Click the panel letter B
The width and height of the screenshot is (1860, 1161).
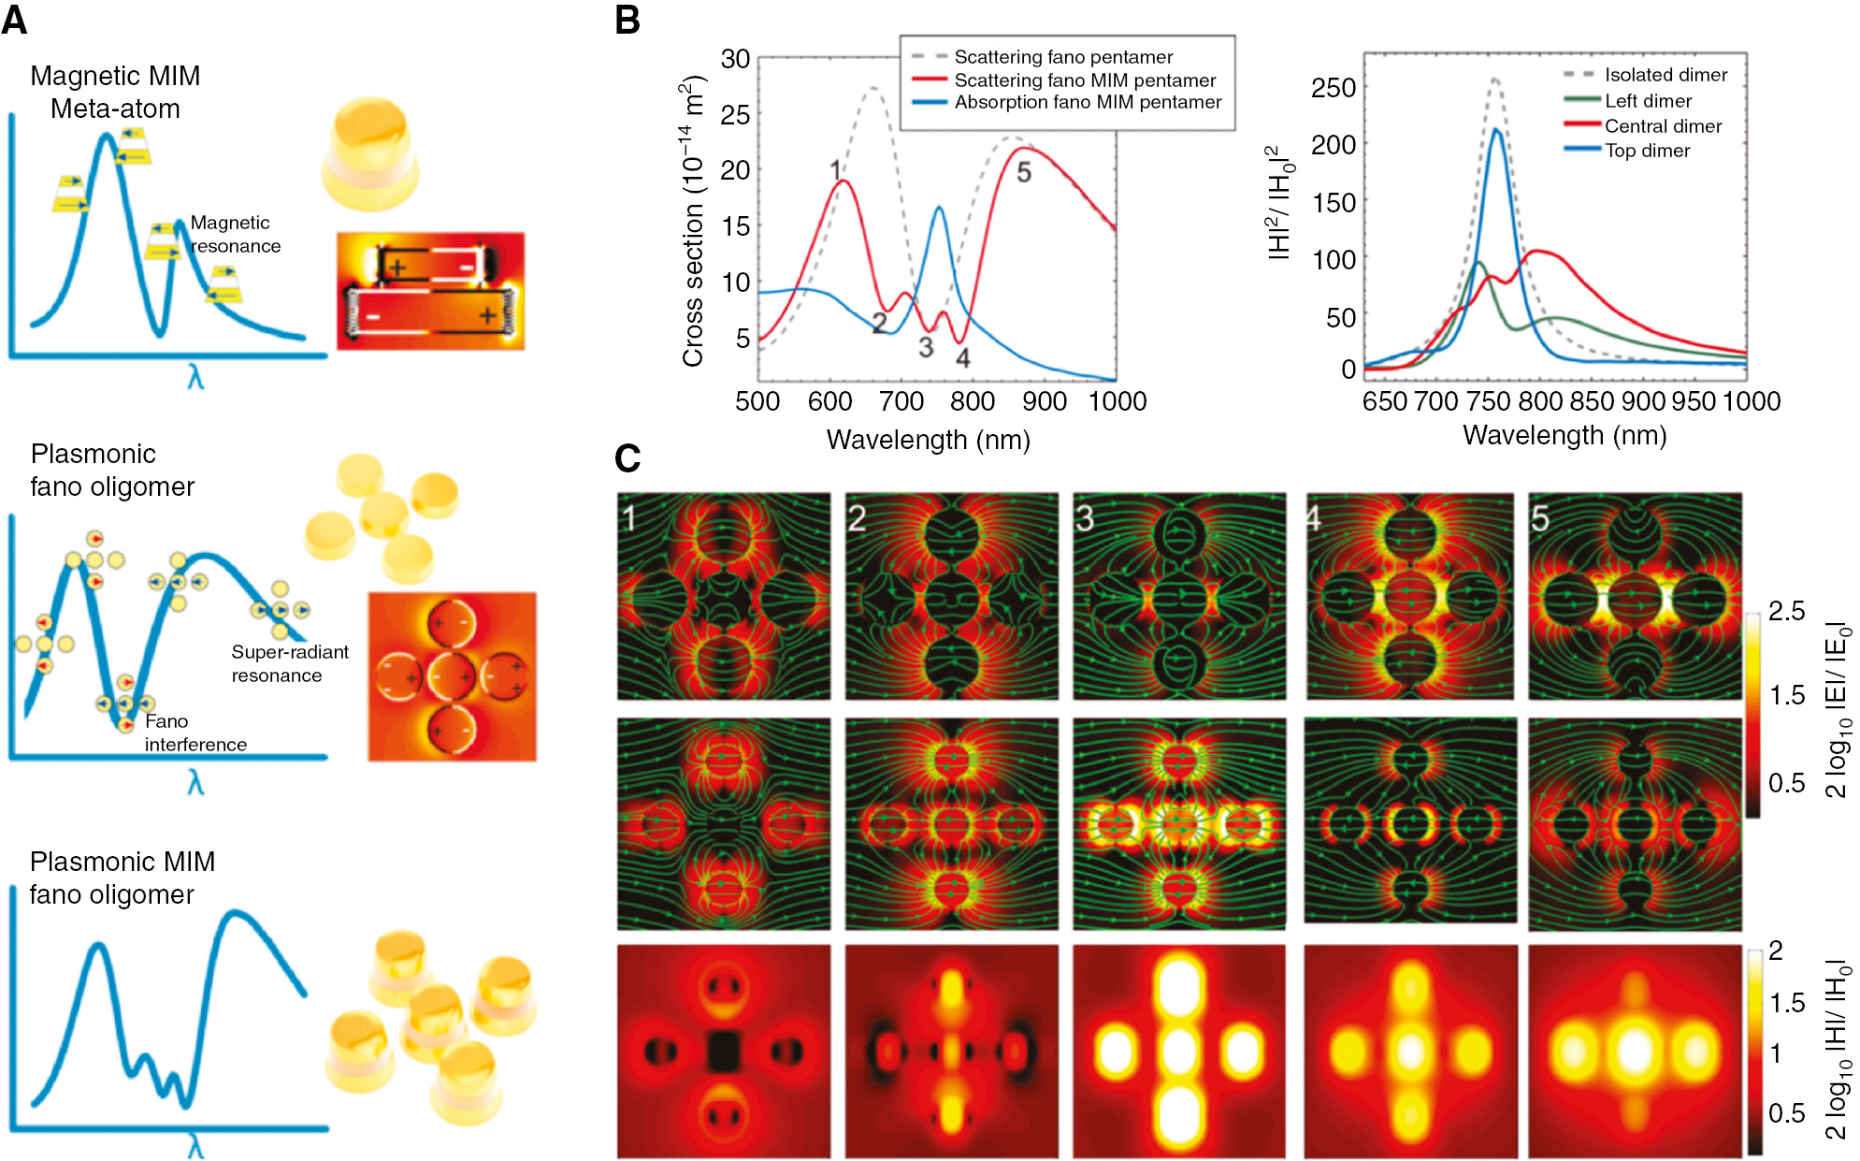(x=627, y=21)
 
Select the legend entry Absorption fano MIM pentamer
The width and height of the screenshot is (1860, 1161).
(x=1088, y=102)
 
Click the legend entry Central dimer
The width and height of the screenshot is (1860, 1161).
(x=1663, y=126)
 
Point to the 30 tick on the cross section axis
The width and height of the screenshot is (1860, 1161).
(x=736, y=59)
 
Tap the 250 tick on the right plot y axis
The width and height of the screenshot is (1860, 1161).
(x=1334, y=88)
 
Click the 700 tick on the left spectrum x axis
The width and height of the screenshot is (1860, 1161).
(x=901, y=401)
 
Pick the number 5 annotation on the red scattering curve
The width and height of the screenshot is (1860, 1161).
(x=1024, y=172)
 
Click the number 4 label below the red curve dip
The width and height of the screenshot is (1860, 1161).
(x=962, y=357)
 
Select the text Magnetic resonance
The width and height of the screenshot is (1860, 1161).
(x=235, y=234)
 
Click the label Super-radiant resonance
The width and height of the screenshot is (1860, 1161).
(x=289, y=663)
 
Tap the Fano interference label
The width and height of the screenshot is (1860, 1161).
(x=195, y=733)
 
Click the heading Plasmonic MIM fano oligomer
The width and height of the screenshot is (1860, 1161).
(x=122, y=878)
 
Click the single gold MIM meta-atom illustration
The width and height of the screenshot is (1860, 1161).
(x=370, y=153)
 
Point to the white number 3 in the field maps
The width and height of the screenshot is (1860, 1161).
(x=1085, y=518)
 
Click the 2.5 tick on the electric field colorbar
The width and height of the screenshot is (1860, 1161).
(x=1786, y=612)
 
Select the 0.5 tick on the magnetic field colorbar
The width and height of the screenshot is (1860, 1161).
(x=1786, y=1113)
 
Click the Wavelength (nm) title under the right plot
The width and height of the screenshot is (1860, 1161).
(x=1564, y=435)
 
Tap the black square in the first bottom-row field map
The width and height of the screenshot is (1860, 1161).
(x=723, y=1052)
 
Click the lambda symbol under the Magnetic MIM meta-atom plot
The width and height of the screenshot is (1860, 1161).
(x=195, y=378)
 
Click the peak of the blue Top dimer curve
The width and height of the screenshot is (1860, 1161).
(x=1496, y=130)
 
